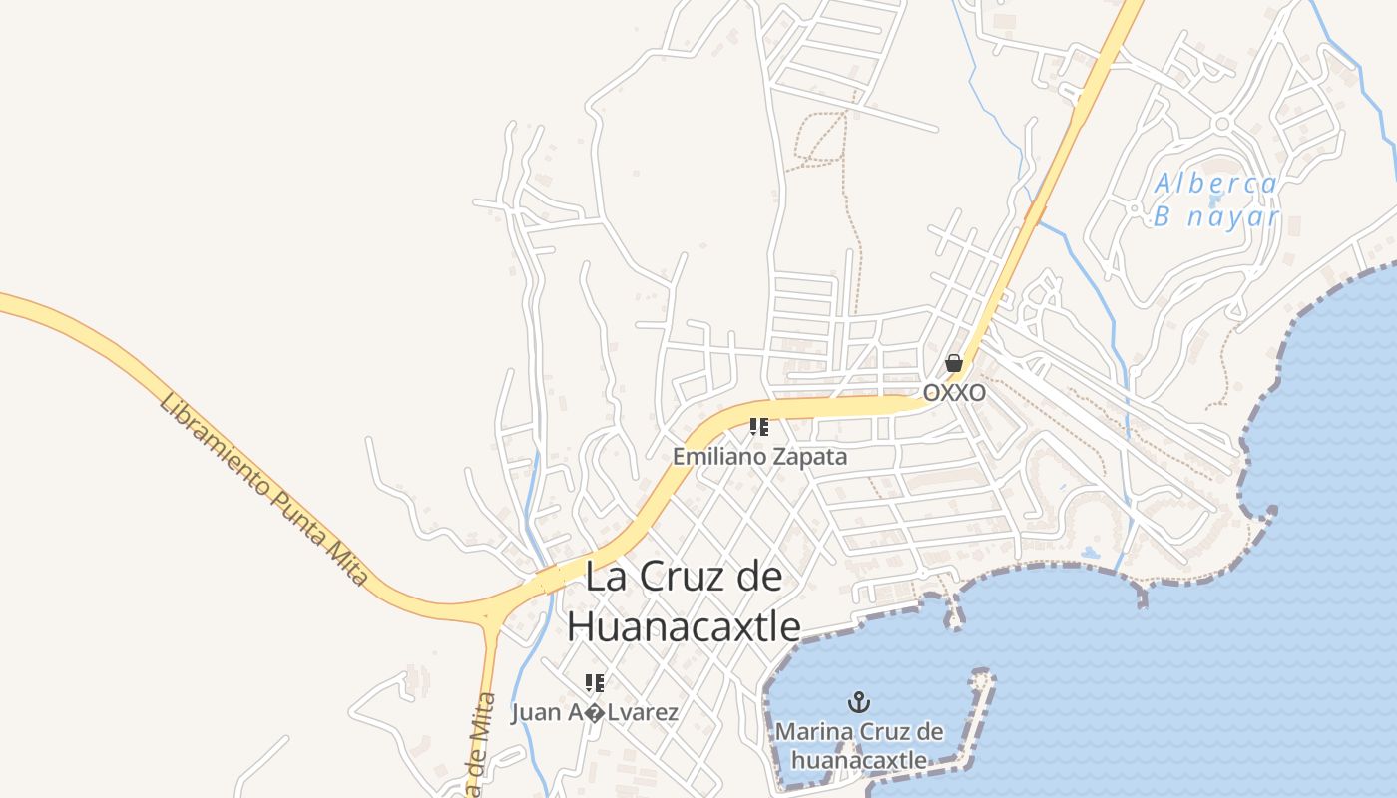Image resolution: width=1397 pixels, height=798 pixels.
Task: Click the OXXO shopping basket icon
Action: click(x=954, y=363)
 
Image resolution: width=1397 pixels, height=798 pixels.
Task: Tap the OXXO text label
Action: click(x=954, y=393)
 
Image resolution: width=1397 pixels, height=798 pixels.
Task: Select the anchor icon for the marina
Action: click(x=859, y=703)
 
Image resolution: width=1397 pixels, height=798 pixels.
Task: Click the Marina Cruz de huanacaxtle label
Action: click(x=859, y=746)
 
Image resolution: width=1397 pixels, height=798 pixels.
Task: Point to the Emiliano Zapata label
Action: click(x=759, y=457)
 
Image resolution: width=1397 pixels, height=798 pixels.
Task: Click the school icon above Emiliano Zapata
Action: click(x=759, y=428)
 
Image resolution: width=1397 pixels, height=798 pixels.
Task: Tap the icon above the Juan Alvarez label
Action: click(x=595, y=683)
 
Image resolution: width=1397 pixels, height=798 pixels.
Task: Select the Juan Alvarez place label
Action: click(x=595, y=713)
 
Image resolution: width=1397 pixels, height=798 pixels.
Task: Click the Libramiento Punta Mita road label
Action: click(x=263, y=489)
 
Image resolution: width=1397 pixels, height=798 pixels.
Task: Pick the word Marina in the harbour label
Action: click(x=812, y=732)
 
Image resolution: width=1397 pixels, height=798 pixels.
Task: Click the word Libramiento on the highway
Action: click(x=214, y=445)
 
